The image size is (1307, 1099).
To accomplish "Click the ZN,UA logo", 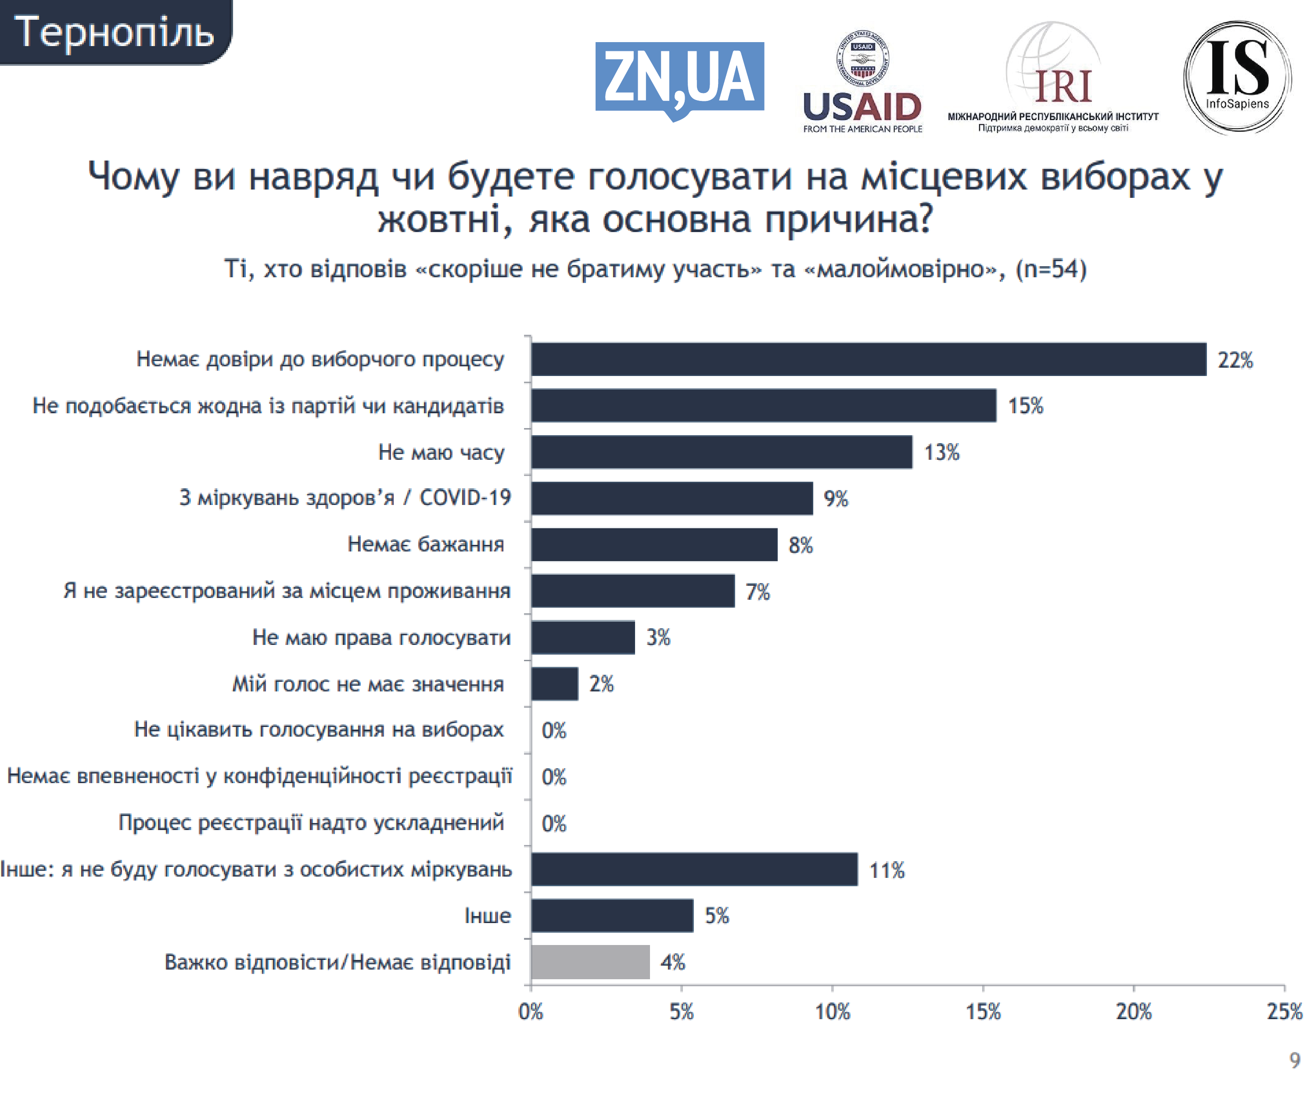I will click(679, 78).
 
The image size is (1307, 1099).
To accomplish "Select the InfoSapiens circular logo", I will click(1237, 77).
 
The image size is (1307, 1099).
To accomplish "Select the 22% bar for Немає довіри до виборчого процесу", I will click(868, 359).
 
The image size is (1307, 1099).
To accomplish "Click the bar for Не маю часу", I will click(721, 452).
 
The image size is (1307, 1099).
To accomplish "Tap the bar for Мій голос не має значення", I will click(554, 684).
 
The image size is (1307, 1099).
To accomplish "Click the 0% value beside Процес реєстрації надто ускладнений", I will click(553, 823).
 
